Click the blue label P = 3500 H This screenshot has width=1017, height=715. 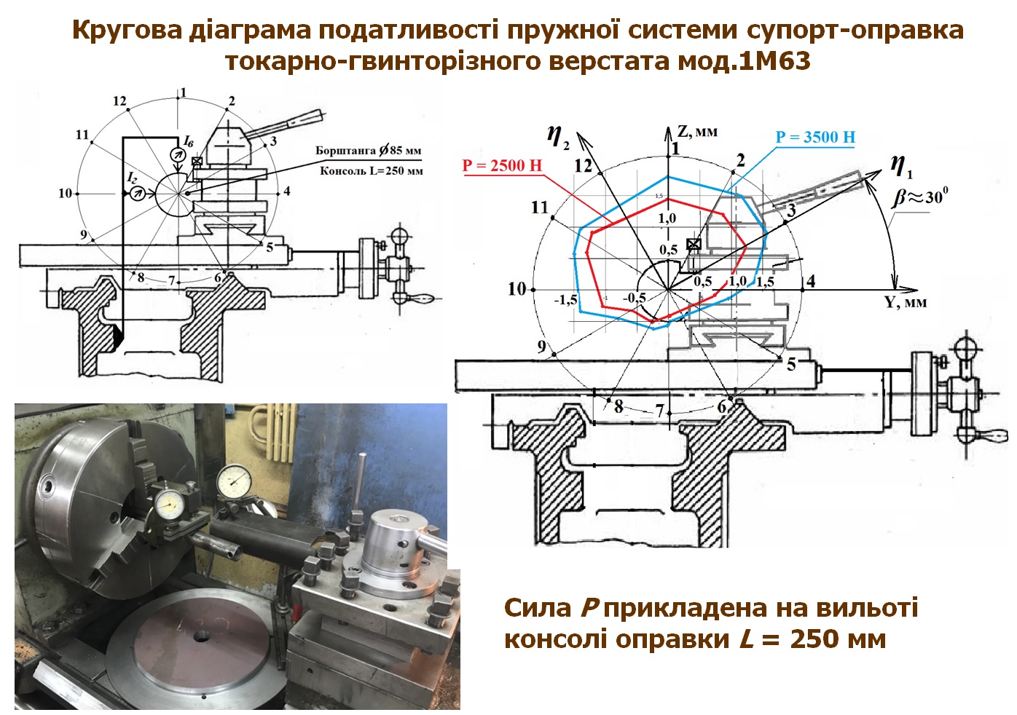(x=814, y=137)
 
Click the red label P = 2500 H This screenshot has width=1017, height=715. (x=502, y=165)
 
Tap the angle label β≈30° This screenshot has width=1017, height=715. (x=922, y=197)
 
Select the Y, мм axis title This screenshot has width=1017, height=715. (x=906, y=301)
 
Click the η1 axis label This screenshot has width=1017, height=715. (x=901, y=167)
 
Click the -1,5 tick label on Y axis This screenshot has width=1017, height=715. (x=565, y=299)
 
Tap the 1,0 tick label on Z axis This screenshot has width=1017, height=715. (x=667, y=218)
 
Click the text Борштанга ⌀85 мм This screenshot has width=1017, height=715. (x=368, y=151)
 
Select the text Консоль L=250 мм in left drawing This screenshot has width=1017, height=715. (x=371, y=171)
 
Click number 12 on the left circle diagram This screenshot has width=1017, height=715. (x=119, y=101)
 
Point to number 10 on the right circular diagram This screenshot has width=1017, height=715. (x=517, y=289)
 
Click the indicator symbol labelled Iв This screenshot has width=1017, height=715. (x=175, y=154)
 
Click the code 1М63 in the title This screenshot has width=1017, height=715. (x=774, y=61)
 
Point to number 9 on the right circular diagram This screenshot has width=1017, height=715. (x=541, y=347)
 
